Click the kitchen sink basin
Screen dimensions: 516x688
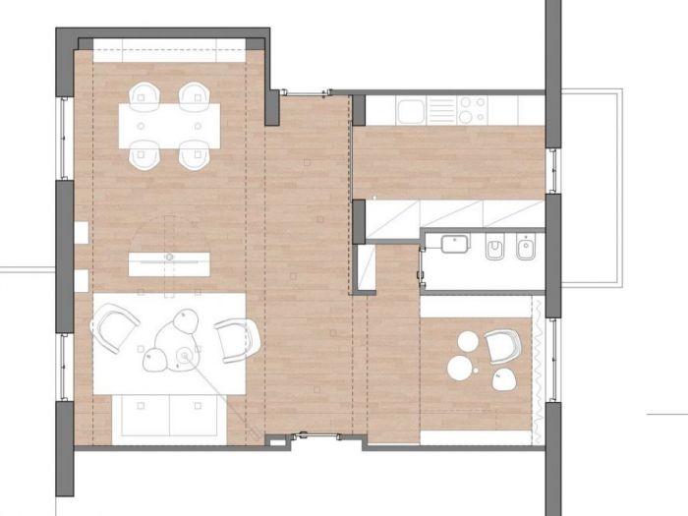point(411,110)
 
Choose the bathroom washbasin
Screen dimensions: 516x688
point(455,243)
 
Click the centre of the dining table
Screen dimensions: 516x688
point(168,126)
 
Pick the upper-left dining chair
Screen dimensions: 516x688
point(144,93)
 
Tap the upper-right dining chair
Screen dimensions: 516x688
point(194,93)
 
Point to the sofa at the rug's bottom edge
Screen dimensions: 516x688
point(167,414)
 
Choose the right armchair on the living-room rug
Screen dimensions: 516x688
point(236,339)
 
